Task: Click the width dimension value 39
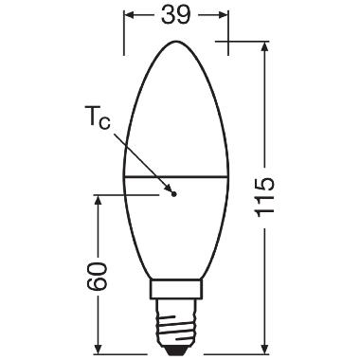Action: (x=174, y=17)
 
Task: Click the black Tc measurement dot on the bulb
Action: (x=173, y=193)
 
